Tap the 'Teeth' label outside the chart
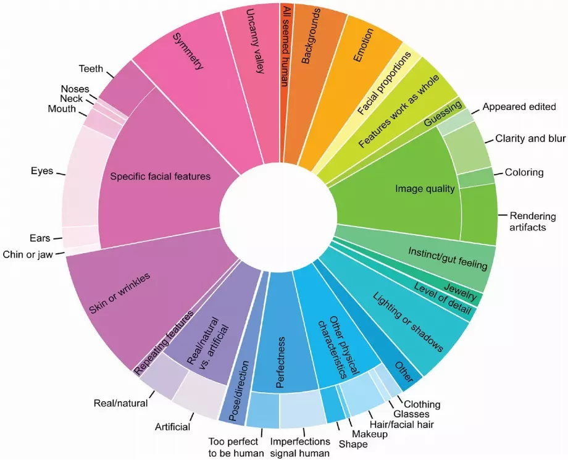tap(91, 69)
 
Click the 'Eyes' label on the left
tap(42, 170)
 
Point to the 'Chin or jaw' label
tap(28, 254)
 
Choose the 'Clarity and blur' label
tap(530, 138)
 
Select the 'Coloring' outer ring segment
tap(477, 177)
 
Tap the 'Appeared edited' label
tap(519, 106)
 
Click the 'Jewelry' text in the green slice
tap(461, 292)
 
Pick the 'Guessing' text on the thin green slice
tap(444, 113)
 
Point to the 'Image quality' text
tap(425, 188)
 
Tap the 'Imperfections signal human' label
tap(300, 447)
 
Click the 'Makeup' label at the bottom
tap(369, 434)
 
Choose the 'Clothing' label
tap(422, 404)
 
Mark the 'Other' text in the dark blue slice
tap(403, 372)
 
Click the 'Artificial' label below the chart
tap(172, 427)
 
